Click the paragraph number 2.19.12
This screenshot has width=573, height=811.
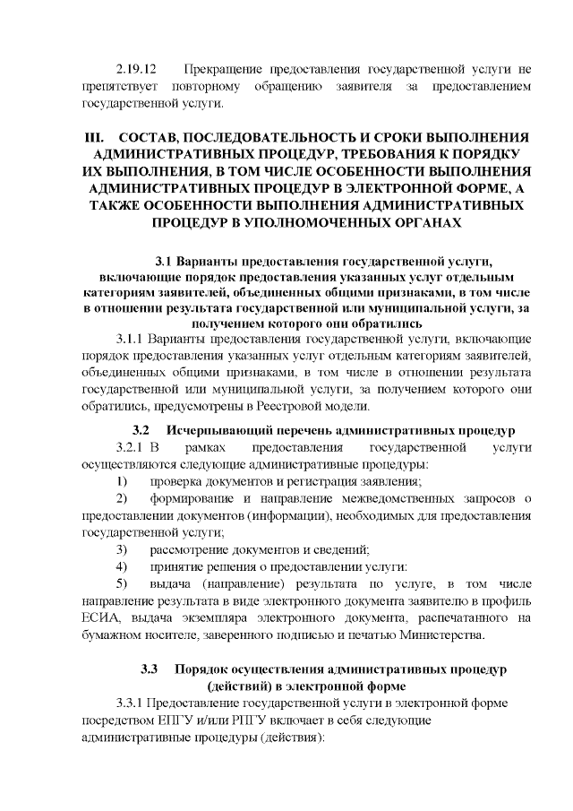tap(137, 68)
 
